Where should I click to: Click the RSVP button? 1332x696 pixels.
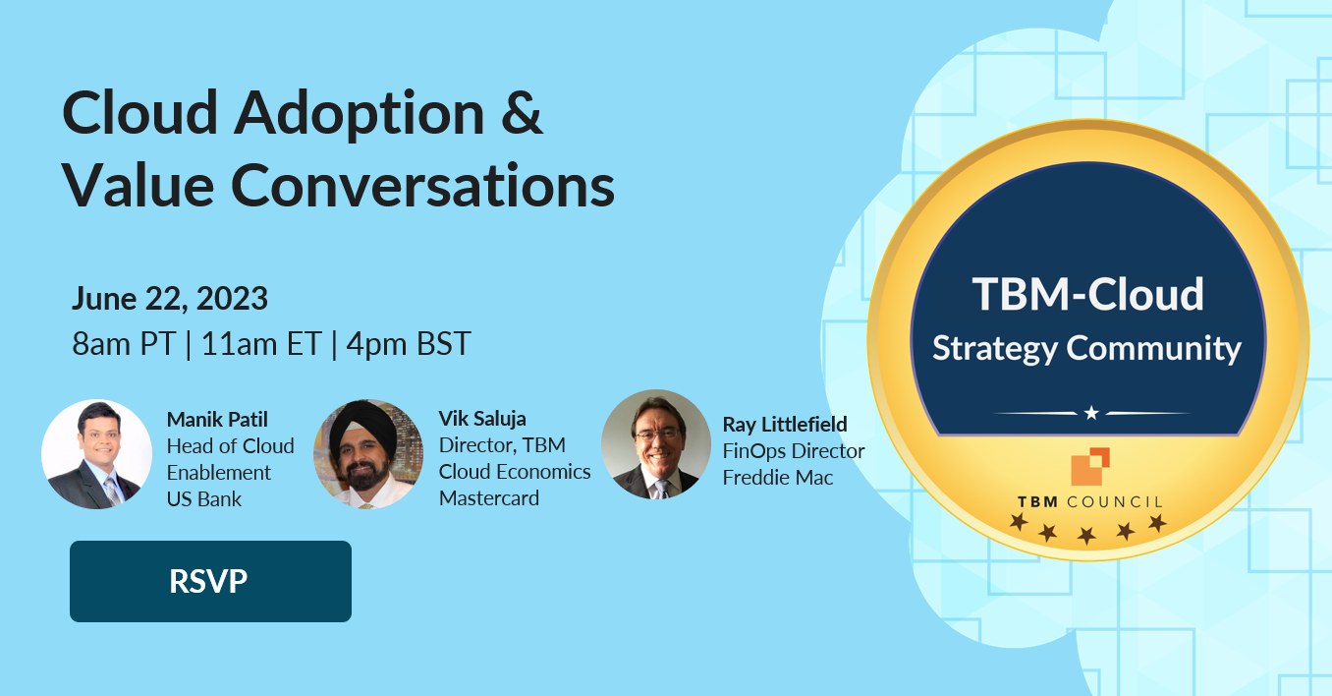[x=210, y=581]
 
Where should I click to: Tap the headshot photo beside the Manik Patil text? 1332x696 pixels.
[x=96, y=454]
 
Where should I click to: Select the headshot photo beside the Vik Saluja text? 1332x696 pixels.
[x=368, y=454]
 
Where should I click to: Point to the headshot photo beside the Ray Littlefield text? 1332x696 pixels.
[x=655, y=444]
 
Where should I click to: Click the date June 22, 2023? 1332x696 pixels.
[x=170, y=298]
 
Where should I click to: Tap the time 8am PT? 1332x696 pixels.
[x=124, y=344]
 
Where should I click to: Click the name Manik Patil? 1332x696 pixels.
[x=217, y=420]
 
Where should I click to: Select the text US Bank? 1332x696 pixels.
[x=204, y=498]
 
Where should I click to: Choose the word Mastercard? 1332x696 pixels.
[x=489, y=497]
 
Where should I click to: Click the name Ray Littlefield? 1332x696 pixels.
[x=785, y=425]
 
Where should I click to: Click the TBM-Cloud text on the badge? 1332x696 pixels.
[x=1087, y=294]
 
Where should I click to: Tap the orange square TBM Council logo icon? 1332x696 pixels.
[x=1090, y=467]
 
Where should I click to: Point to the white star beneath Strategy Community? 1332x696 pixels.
[x=1091, y=413]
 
